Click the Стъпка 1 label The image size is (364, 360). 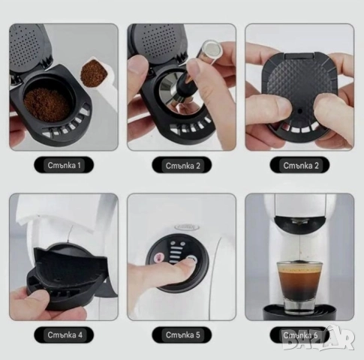coord(63,164)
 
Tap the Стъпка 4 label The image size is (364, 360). coord(63,334)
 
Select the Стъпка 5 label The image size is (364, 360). coord(182,334)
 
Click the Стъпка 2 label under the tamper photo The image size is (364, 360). coord(182,164)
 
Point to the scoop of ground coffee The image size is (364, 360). coord(94,73)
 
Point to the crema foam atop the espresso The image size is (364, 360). coord(299,269)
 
